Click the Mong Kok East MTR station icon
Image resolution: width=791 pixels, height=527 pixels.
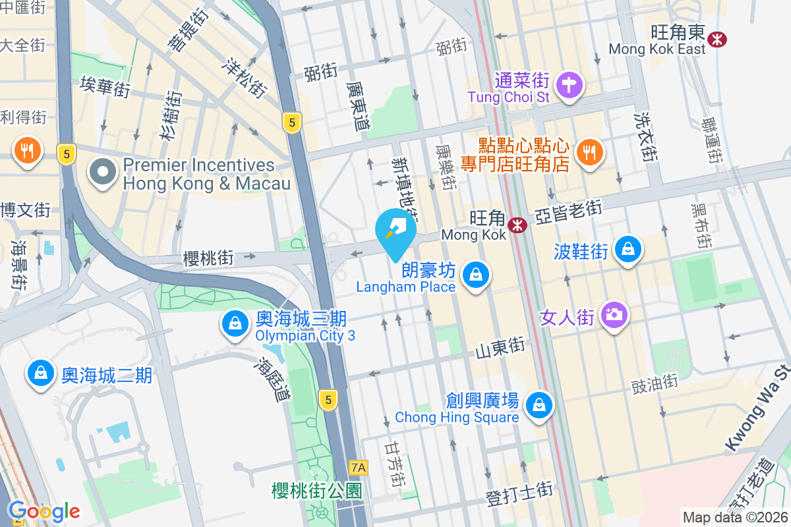pos(716,40)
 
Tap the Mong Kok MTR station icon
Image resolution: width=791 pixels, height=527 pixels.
pos(518,225)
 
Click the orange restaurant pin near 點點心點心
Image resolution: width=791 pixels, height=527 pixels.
pos(589,152)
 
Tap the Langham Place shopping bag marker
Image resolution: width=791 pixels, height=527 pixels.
pos(475,274)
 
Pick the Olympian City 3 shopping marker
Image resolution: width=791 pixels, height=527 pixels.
pos(234,324)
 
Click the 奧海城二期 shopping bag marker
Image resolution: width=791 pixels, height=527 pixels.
pos(41,374)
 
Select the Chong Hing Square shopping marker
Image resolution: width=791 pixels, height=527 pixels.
pos(540,404)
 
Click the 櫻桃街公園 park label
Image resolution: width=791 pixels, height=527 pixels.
pos(317,490)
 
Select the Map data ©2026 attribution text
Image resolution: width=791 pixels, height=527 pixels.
pos(736,518)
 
